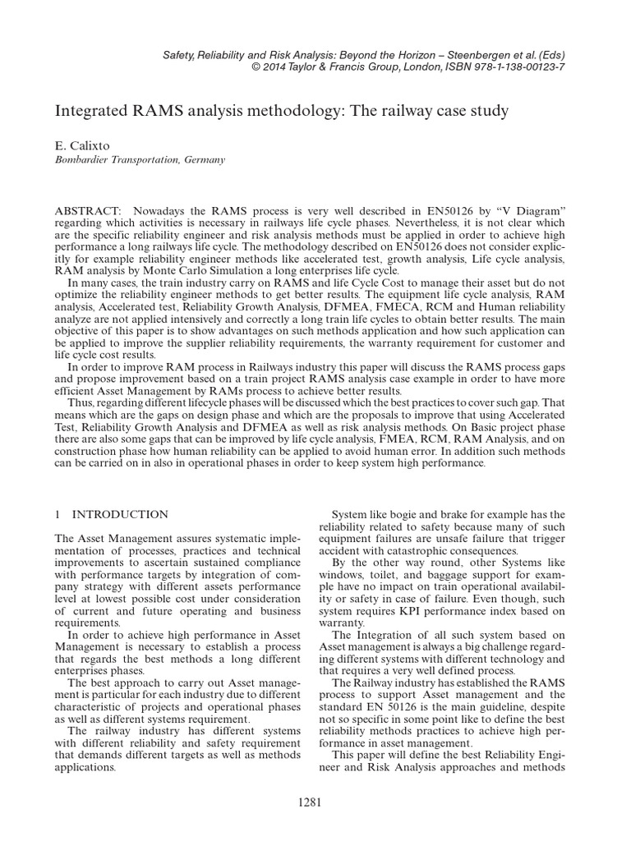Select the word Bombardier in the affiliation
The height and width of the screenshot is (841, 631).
[x=82, y=160]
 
